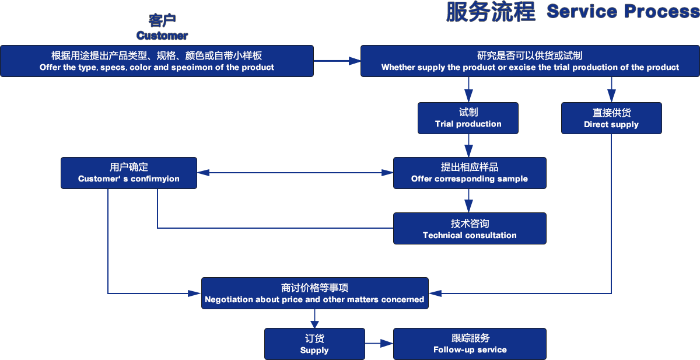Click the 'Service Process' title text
click(x=622, y=12)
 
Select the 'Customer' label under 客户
click(x=162, y=36)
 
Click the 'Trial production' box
click(x=468, y=118)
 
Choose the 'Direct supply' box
click(x=611, y=118)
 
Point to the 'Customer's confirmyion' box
click(x=129, y=173)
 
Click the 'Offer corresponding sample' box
click(x=470, y=173)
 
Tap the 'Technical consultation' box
click(x=470, y=229)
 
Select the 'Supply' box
click(x=314, y=344)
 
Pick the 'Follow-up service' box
click(x=470, y=344)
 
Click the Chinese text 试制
click(x=468, y=112)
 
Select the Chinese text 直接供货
click(x=611, y=113)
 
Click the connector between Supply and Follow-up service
click(x=379, y=344)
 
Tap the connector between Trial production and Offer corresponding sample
click(x=468, y=145)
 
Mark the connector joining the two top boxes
click(x=337, y=60)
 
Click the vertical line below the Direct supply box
click(x=611, y=210)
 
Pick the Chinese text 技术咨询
click(x=470, y=223)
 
